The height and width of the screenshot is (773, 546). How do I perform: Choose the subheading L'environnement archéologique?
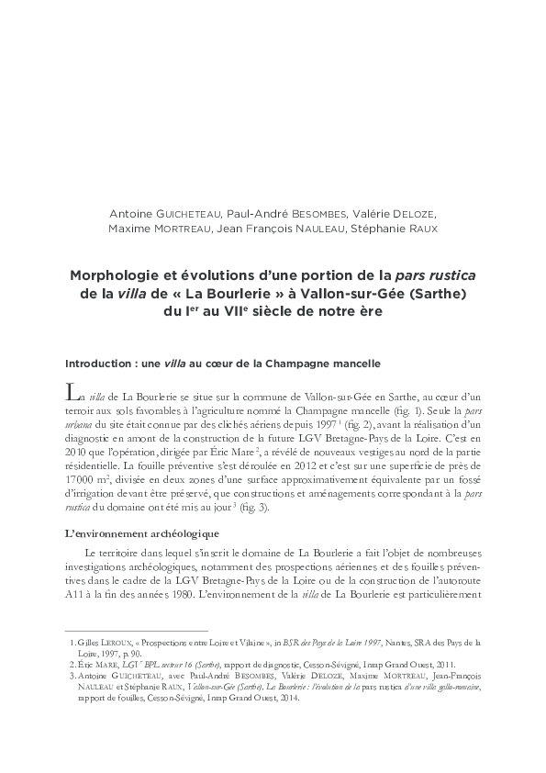132,533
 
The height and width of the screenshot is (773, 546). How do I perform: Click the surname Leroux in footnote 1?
119,642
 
